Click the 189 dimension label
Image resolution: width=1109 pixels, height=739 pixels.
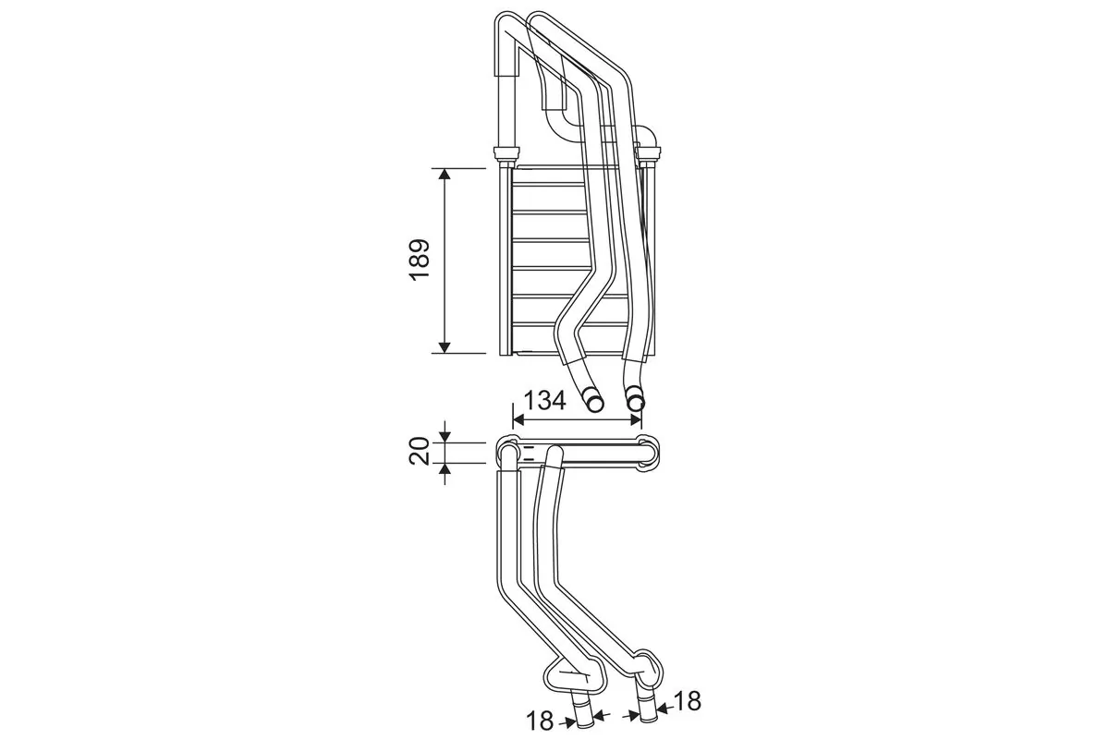[420, 260]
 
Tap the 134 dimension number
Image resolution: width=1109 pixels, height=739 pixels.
[544, 401]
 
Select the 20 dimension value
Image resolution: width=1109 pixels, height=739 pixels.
[420, 453]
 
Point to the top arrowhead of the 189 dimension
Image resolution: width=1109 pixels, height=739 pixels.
[445, 176]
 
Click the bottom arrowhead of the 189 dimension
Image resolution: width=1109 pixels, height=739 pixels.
[445, 346]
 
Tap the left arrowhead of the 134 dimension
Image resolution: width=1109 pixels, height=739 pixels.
[518, 418]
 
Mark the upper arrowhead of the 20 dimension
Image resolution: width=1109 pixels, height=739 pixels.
[445, 436]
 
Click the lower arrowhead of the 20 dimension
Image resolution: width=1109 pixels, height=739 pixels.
[445, 469]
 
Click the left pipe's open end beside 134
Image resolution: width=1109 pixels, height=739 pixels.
[592, 402]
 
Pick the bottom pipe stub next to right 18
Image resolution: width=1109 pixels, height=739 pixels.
[646, 708]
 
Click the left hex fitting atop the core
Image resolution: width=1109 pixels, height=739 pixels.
[506, 154]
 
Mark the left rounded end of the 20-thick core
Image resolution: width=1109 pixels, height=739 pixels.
[507, 453]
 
